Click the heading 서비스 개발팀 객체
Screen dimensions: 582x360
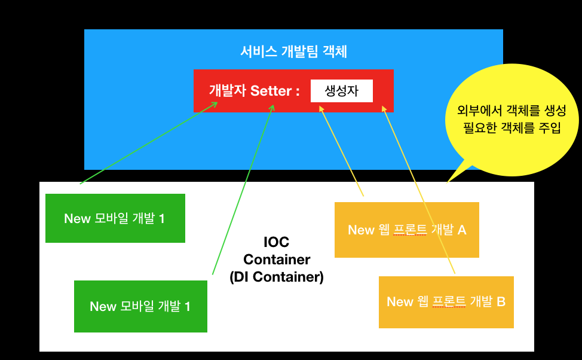(x=293, y=51)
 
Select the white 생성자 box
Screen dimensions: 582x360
(x=341, y=91)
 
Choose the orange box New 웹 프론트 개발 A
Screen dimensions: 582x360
(x=406, y=230)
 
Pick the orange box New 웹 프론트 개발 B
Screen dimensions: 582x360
(x=446, y=302)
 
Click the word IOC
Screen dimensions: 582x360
(x=276, y=242)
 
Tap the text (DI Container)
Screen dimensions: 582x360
(x=276, y=277)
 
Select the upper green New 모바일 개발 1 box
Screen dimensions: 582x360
(x=115, y=218)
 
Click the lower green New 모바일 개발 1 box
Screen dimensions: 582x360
(x=140, y=307)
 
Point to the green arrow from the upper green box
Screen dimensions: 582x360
(x=149, y=142)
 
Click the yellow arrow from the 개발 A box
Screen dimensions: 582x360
(x=342, y=151)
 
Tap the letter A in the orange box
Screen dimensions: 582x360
(x=462, y=230)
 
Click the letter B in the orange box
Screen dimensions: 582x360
(x=501, y=302)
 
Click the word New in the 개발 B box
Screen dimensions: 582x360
(x=400, y=302)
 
